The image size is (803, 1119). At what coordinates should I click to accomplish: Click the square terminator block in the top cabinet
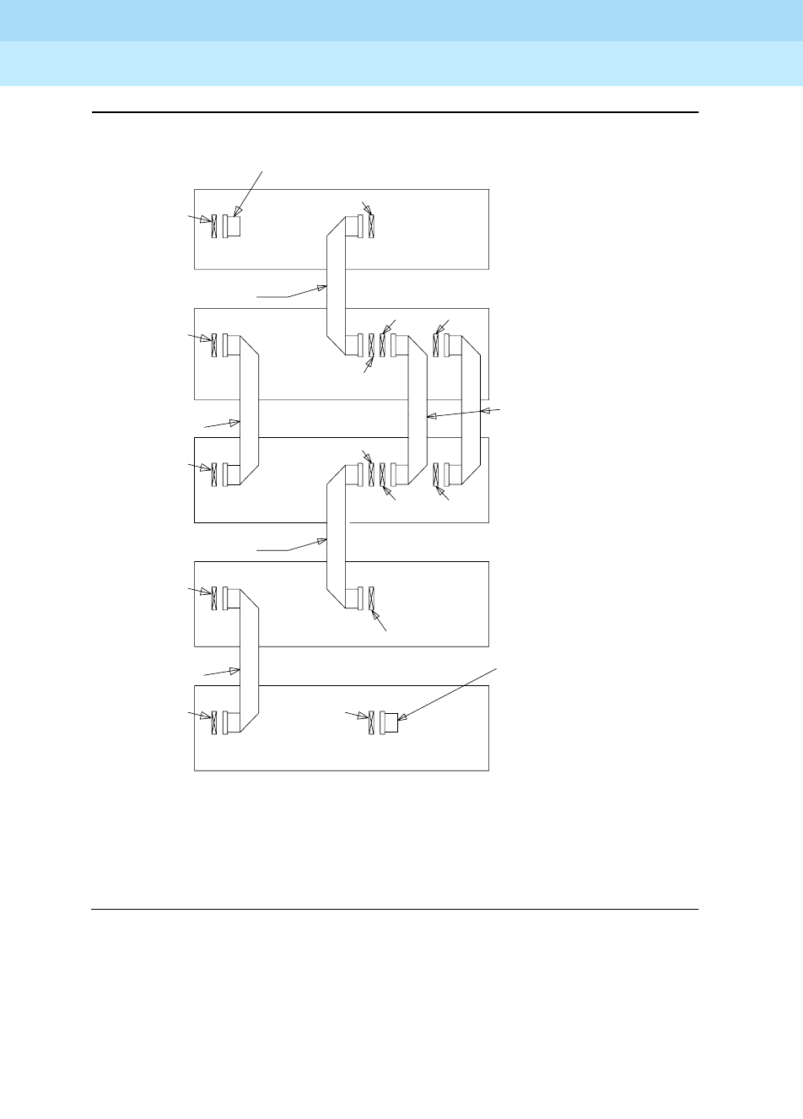click(234, 226)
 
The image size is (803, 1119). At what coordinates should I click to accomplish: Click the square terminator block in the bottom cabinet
click(391, 722)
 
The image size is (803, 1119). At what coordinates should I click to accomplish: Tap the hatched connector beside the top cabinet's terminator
click(214, 226)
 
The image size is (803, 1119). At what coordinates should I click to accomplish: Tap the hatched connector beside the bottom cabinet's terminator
click(372, 722)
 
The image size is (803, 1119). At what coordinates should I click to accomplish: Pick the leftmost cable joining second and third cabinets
click(250, 411)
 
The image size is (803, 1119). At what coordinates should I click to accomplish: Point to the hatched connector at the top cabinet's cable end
click(372, 226)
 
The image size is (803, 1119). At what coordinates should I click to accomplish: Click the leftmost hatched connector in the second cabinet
click(214, 346)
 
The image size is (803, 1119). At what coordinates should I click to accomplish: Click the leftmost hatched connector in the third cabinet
click(214, 474)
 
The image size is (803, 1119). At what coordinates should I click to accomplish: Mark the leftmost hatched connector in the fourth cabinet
click(214, 598)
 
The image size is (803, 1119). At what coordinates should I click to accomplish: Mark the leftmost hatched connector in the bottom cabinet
click(214, 722)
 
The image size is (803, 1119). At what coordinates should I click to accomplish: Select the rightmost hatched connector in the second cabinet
click(437, 346)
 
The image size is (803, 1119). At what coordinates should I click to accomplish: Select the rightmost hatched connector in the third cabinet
click(437, 474)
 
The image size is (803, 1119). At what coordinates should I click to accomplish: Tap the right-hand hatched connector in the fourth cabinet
click(372, 598)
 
